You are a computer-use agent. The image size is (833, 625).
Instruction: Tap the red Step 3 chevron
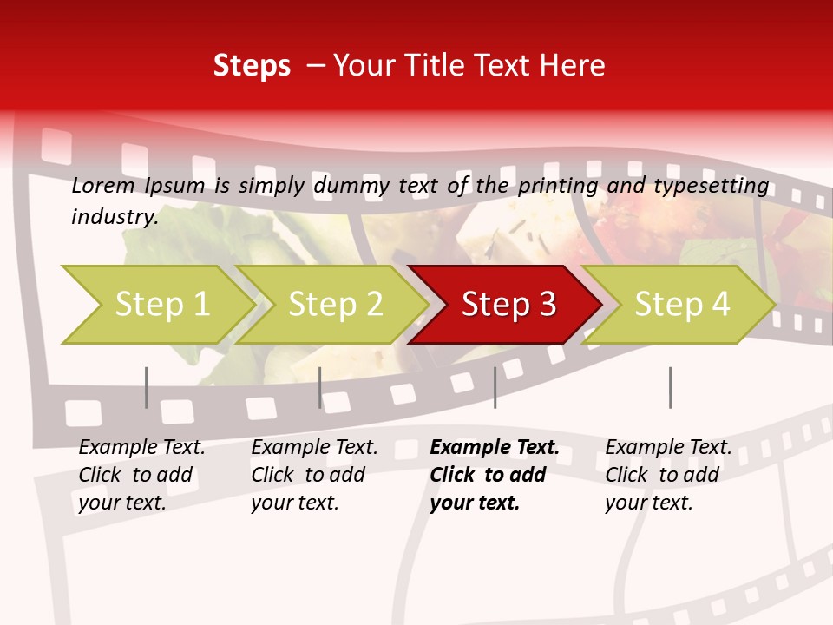[x=508, y=305]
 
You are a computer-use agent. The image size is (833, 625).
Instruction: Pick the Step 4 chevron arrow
[x=682, y=305]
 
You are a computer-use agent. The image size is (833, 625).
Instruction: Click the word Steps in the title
[x=252, y=66]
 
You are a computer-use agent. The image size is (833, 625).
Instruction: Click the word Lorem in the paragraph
[x=103, y=185]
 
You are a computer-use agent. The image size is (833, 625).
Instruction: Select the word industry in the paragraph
[x=115, y=216]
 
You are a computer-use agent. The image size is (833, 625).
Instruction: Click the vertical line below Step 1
[x=147, y=387]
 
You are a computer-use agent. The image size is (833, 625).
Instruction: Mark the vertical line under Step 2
[x=320, y=387]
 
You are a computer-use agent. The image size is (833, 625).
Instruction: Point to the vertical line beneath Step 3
[x=495, y=387]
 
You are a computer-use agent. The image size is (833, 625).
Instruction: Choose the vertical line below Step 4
[x=670, y=387]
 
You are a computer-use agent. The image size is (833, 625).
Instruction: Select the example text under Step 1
[x=141, y=475]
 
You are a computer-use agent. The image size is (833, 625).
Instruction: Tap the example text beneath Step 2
[x=314, y=475]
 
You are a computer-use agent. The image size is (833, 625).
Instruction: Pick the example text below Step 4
[x=668, y=475]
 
